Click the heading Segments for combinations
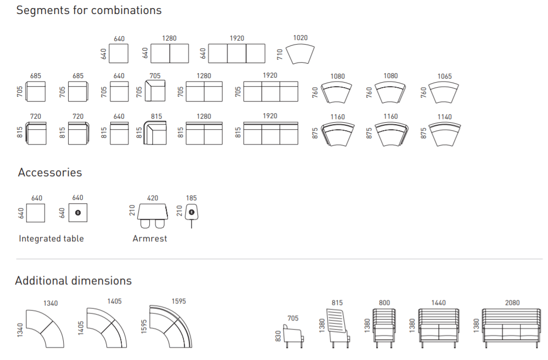(x=89, y=11)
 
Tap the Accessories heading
(x=50, y=173)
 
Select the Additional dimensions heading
(x=74, y=281)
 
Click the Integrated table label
(x=52, y=238)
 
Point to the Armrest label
(x=150, y=238)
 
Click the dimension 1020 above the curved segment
(x=300, y=38)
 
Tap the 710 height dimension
(x=280, y=54)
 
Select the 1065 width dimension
(x=444, y=76)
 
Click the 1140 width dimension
(x=444, y=117)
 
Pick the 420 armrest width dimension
(x=152, y=198)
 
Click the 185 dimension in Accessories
(x=191, y=198)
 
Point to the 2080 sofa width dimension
(x=512, y=303)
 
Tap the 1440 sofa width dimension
(x=438, y=303)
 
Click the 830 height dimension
(x=278, y=336)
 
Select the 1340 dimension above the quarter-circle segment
(x=51, y=303)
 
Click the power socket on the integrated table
(x=78, y=213)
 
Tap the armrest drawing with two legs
(x=152, y=216)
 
